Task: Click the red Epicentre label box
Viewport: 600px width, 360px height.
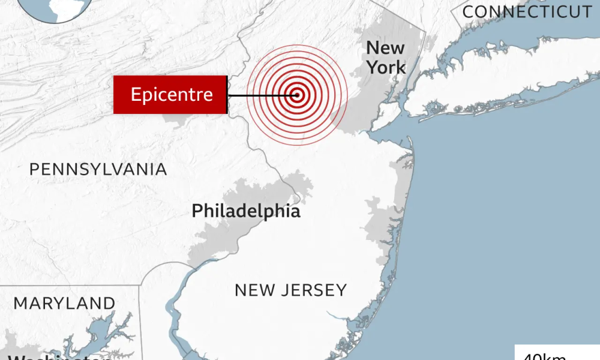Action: click(x=170, y=95)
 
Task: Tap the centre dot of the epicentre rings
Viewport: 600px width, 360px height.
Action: click(x=296, y=95)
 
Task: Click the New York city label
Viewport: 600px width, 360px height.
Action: click(x=385, y=58)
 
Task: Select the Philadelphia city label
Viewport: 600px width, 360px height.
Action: click(x=246, y=211)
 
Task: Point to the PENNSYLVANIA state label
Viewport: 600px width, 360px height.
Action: click(x=98, y=170)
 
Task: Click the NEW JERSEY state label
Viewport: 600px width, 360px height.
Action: click(x=290, y=290)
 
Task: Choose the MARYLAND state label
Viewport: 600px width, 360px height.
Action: click(x=64, y=304)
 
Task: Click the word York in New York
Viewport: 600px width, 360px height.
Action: click(x=386, y=67)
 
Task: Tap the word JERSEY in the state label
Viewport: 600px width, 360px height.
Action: click(x=315, y=290)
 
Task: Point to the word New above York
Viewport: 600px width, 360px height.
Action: click(x=385, y=48)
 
